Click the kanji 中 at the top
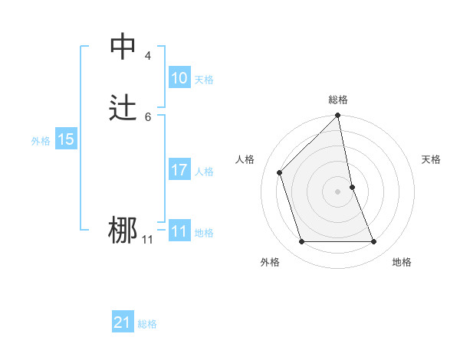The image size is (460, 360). tap(123, 47)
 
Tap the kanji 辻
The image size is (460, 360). tap(123, 108)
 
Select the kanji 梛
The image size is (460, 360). tap(123, 231)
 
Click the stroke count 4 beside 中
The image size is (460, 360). tap(147, 55)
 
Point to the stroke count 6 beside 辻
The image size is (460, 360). tap(147, 116)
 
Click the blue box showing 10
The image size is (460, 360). tap(179, 78)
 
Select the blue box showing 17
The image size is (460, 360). tap(179, 170)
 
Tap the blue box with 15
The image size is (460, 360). tap(66, 139)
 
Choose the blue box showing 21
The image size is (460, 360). tap(123, 323)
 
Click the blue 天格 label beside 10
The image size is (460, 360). tap(204, 80)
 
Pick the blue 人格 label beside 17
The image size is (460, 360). tap(204, 172)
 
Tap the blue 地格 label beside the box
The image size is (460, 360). tap(204, 233)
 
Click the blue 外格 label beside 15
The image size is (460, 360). tap(41, 141)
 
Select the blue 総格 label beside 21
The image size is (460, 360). tap(147, 325)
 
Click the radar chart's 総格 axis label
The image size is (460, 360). tap(338, 100)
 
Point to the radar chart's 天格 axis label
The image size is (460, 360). tap(431, 159)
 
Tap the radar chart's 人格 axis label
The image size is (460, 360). tap(245, 159)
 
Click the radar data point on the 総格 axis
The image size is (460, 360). tap(338, 116)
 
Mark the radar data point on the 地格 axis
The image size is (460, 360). tap(374, 242)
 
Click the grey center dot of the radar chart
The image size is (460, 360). tap(338, 191)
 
